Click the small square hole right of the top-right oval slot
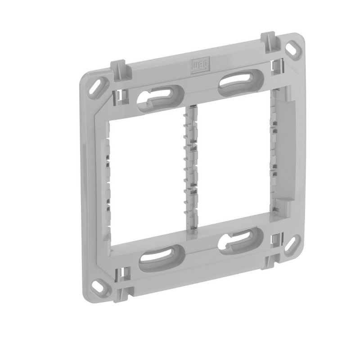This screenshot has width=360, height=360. tap(274, 67)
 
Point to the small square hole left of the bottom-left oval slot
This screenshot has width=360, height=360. tap(122, 273)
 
